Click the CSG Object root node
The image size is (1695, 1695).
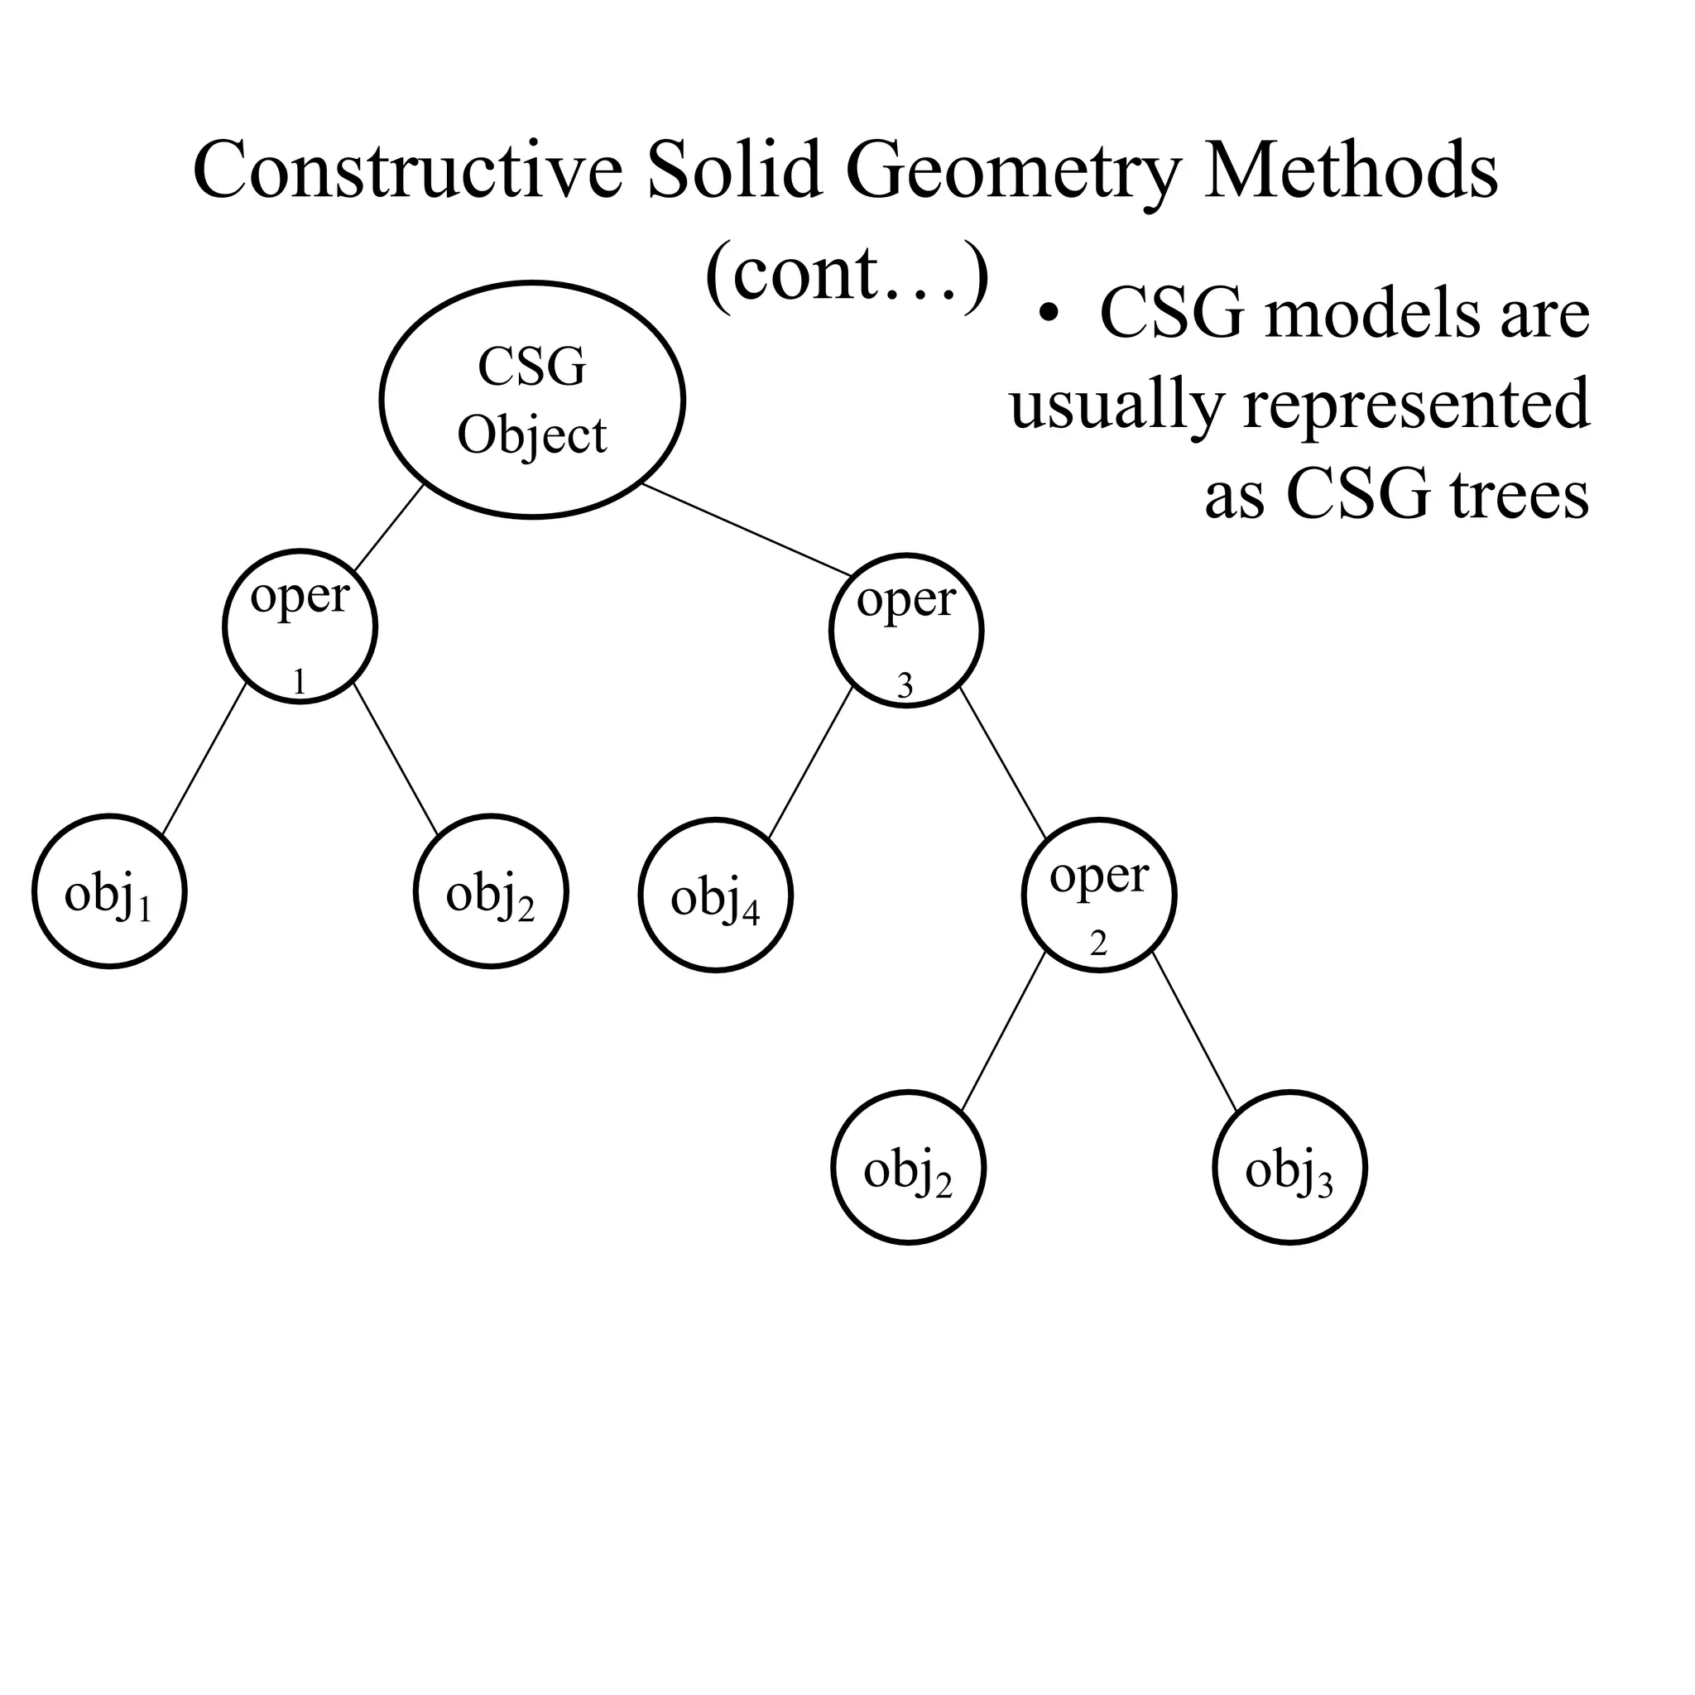[x=532, y=400]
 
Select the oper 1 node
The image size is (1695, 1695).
[x=300, y=627]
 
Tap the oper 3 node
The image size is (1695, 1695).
[x=906, y=630]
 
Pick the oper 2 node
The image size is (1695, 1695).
[x=1099, y=895]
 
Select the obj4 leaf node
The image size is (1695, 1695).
[x=716, y=895]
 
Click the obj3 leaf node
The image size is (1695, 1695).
[x=1289, y=1168]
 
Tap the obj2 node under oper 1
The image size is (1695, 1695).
[x=492, y=891]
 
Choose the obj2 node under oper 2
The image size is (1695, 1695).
[x=909, y=1168]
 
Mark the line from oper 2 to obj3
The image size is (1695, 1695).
[x=1195, y=1032]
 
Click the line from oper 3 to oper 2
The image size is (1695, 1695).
[x=1003, y=763]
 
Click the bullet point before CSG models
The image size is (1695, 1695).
[x=1046, y=313]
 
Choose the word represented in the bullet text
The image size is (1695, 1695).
[x=1416, y=405]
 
